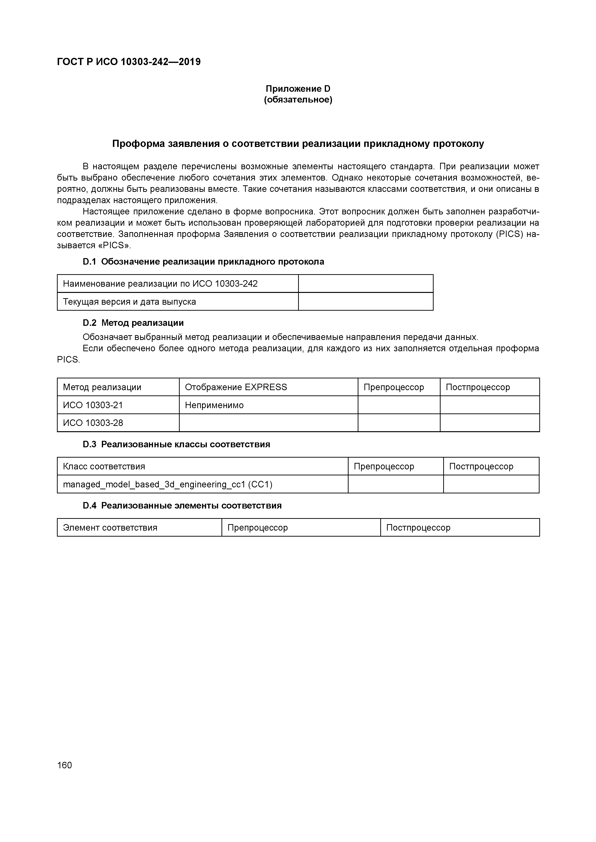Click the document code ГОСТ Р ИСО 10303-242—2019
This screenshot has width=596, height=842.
tap(129, 62)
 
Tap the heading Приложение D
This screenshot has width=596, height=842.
tap(298, 89)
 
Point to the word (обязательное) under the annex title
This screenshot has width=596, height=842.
tap(298, 100)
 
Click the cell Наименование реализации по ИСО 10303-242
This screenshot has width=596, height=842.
tap(160, 284)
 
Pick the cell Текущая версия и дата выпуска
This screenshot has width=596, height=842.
tap(129, 302)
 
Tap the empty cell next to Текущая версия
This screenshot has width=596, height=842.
tap(366, 302)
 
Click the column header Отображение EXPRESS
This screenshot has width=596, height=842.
tap(236, 387)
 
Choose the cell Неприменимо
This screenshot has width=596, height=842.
tap(214, 405)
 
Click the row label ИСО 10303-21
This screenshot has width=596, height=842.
tap(93, 405)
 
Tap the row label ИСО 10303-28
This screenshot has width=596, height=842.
tap(93, 423)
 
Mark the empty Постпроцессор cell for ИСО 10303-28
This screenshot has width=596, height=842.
tap(490, 423)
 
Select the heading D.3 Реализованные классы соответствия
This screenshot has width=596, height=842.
tap(177, 444)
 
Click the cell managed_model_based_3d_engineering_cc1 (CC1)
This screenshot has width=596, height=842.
tap(168, 485)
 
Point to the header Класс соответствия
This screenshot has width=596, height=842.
tap(104, 466)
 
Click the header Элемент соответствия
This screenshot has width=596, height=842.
tap(110, 528)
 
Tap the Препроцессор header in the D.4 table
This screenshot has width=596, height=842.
tap(258, 528)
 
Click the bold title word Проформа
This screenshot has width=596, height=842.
tap(138, 144)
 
